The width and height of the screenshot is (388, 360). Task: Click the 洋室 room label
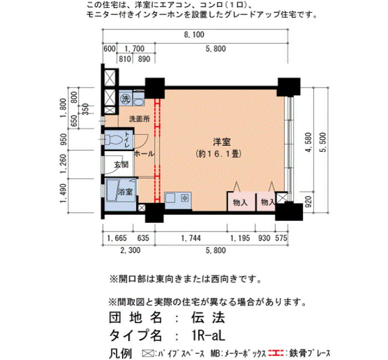[222, 142]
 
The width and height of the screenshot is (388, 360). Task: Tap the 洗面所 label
[139, 119]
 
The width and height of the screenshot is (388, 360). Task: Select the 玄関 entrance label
[121, 164]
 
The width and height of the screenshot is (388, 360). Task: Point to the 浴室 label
[125, 192]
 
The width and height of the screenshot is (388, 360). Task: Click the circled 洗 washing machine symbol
[125, 99]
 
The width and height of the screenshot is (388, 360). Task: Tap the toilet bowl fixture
[114, 140]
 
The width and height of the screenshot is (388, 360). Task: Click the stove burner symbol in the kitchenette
[185, 198]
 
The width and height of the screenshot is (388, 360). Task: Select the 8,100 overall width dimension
[194, 34]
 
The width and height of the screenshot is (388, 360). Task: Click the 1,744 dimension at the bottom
[191, 238]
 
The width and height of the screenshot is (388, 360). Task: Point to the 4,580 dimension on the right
[308, 142]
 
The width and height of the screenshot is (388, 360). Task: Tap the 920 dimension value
[308, 202]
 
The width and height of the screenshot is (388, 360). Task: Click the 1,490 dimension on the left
[63, 193]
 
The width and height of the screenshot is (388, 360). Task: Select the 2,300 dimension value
[130, 250]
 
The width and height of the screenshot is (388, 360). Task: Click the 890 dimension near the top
[144, 59]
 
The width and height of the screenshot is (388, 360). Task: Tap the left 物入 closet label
[240, 203]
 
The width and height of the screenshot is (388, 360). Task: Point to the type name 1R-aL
[208, 336]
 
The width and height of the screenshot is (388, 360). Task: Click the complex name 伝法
[208, 317]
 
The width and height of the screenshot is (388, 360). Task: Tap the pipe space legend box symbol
[148, 353]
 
